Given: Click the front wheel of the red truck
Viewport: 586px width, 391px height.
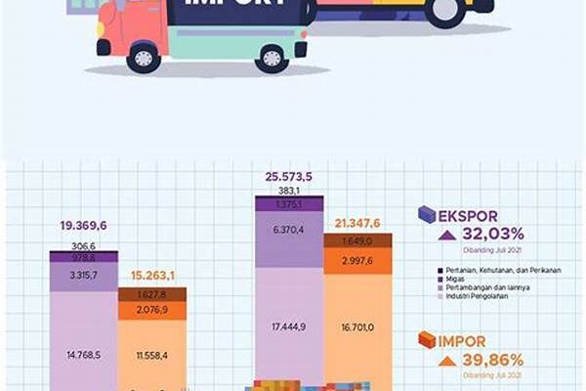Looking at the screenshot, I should [144, 58].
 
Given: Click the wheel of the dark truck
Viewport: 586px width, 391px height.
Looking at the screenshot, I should [445, 12].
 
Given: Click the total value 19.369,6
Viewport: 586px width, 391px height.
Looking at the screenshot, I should [83, 226].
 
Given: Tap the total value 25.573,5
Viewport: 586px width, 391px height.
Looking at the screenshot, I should [288, 176].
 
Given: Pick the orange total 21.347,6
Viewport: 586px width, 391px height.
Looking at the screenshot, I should [356, 222].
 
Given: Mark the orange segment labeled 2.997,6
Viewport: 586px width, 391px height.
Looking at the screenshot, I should [357, 262].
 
